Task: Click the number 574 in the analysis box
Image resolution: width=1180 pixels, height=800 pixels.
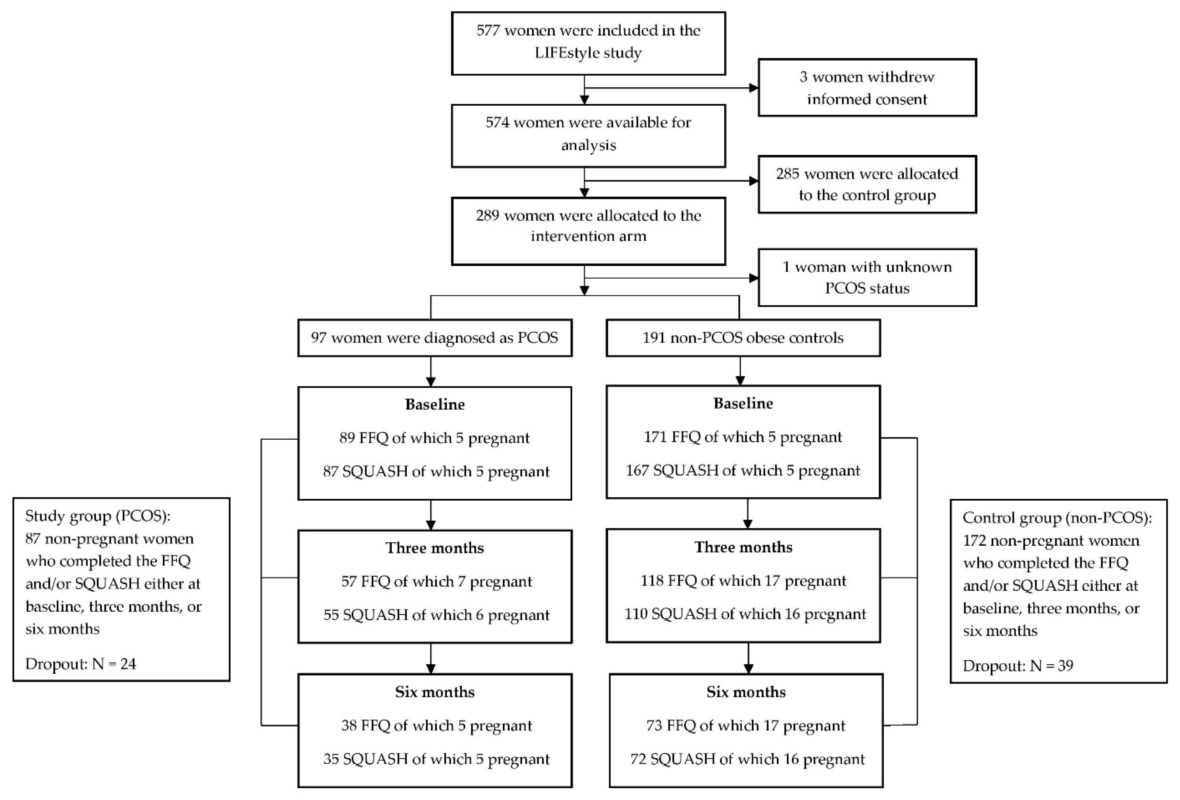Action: point(497,123)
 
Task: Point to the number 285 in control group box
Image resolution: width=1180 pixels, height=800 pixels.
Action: point(787,174)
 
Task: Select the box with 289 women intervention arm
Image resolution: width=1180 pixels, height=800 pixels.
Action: point(588,231)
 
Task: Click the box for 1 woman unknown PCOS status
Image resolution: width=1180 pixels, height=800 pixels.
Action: point(867,278)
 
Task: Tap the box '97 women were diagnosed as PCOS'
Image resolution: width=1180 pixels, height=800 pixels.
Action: point(435,338)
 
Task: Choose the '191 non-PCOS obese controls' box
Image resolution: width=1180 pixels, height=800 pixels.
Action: point(743,338)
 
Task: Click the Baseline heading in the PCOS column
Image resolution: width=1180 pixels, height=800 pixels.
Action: point(435,404)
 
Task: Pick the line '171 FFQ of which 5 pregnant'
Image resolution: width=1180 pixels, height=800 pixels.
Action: point(743,437)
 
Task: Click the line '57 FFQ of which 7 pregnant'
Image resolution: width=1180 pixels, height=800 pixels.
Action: point(436,582)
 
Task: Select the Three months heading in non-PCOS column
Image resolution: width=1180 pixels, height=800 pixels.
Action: point(743,547)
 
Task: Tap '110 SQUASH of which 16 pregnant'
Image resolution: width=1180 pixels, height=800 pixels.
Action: point(745,614)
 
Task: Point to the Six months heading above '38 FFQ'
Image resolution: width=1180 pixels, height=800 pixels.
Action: point(435,692)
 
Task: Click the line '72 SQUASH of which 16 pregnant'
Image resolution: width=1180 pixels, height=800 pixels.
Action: point(747,759)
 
